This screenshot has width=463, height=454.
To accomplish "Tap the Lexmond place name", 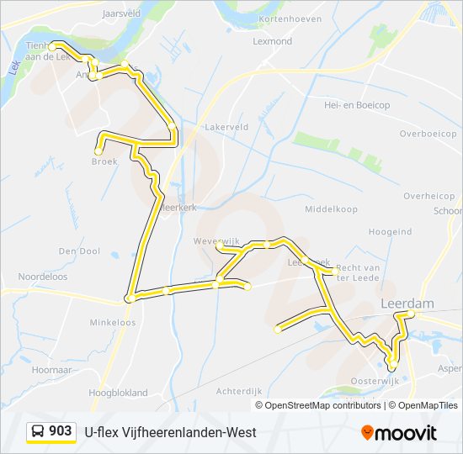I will coord(272,41).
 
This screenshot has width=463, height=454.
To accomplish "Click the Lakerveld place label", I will coord(226,127).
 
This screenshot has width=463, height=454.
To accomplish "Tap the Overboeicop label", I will coord(428,134).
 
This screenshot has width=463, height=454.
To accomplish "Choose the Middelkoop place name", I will coord(331,209).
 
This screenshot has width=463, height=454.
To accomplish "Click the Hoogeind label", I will coord(389,232).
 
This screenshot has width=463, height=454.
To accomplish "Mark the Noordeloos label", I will coord(41,276).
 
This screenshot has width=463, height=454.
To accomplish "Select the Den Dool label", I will coord(79,251).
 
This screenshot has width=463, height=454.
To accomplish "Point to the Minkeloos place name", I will coord(113,322).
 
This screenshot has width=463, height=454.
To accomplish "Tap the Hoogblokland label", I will coord(118,393).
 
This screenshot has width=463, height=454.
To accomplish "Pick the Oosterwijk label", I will coord(374,381).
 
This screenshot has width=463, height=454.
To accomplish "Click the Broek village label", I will coord(104,163).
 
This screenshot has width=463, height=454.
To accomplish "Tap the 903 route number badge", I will coord(51,431).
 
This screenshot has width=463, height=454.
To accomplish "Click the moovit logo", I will coord(399,432).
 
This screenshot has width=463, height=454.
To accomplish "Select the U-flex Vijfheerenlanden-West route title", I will coord(171,432).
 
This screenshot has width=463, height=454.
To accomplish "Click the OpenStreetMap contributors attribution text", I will coord(322,405).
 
